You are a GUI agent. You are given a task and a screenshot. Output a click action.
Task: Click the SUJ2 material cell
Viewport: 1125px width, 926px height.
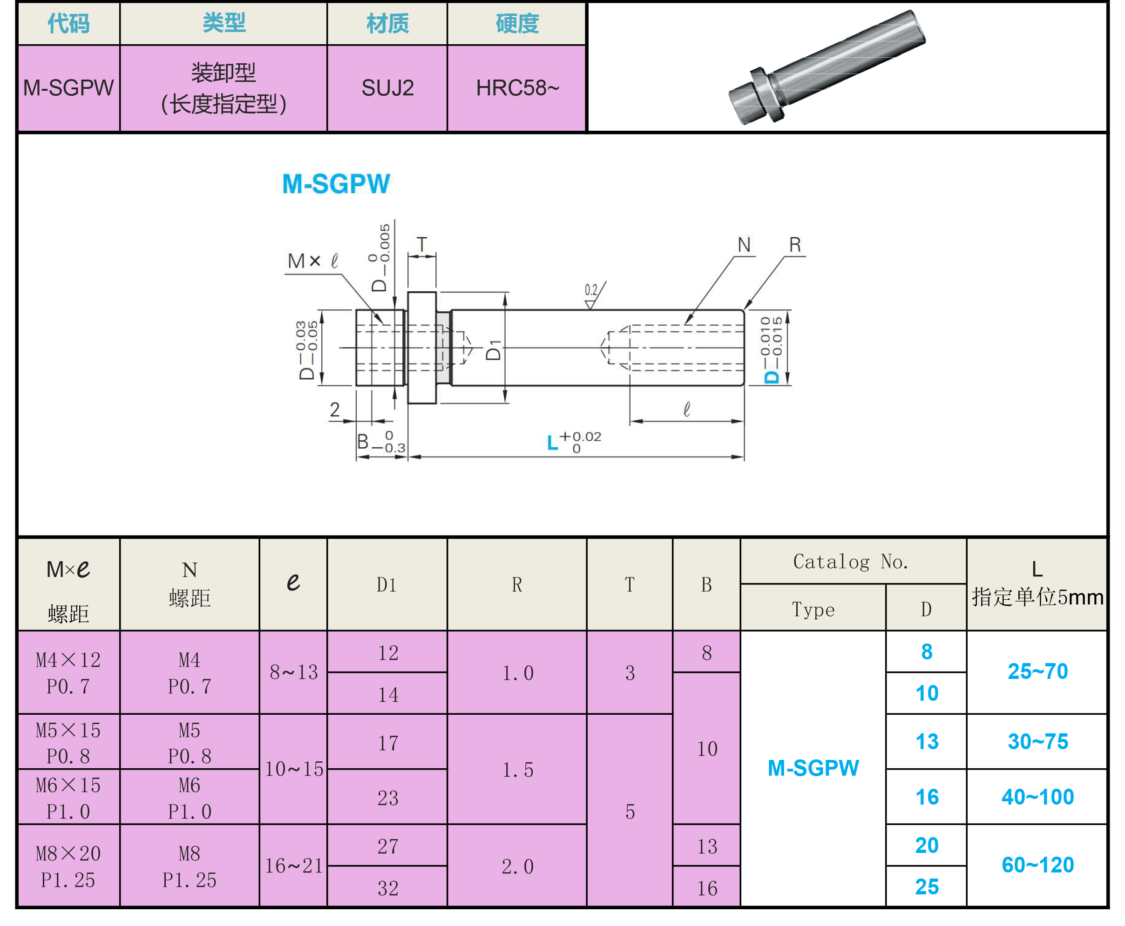387,88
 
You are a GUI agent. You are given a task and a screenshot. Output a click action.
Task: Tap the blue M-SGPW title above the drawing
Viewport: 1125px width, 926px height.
336,184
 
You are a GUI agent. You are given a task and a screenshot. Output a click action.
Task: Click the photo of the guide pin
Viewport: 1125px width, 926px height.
827,67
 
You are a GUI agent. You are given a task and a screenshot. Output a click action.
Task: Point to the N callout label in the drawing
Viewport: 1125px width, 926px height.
744,245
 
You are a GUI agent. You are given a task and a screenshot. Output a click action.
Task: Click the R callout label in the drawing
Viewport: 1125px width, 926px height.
795,245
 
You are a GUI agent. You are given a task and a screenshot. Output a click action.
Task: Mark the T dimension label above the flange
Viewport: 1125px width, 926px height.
421,244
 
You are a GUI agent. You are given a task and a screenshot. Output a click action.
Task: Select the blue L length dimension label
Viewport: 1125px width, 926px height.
553,443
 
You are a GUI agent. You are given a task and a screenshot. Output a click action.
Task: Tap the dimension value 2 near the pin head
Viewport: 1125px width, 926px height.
335,409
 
